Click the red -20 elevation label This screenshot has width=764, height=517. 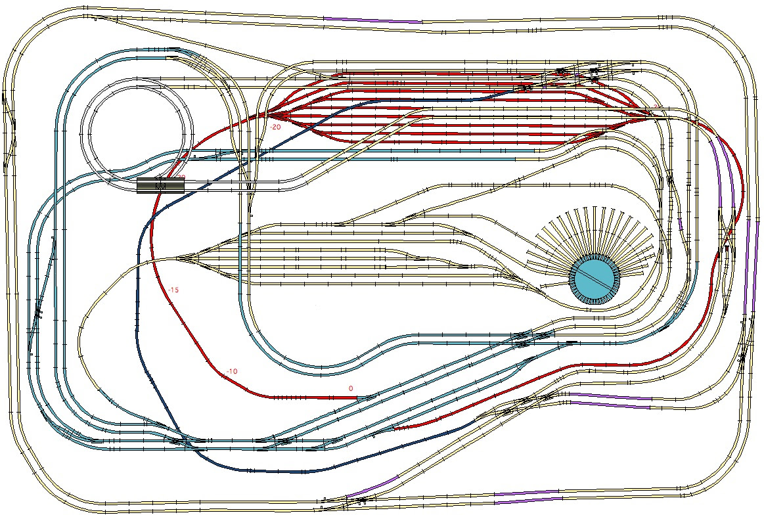[275, 127]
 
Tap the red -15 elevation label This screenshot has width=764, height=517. [173, 290]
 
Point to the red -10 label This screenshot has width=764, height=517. [231, 372]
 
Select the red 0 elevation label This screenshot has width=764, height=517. [350, 388]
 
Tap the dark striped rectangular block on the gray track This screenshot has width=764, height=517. [161, 186]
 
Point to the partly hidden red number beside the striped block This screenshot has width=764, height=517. [180, 176]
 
